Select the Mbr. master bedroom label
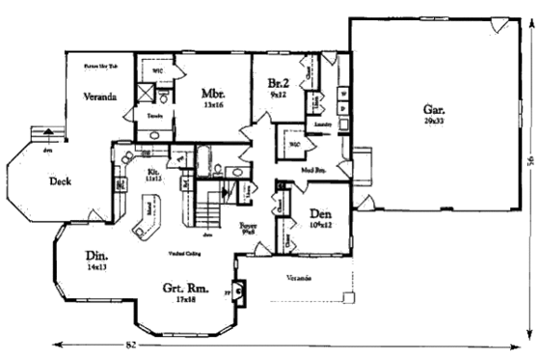point(213,94)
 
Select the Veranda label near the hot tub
point(99,97)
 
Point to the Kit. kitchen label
point(152,170)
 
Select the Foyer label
point(247,225)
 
